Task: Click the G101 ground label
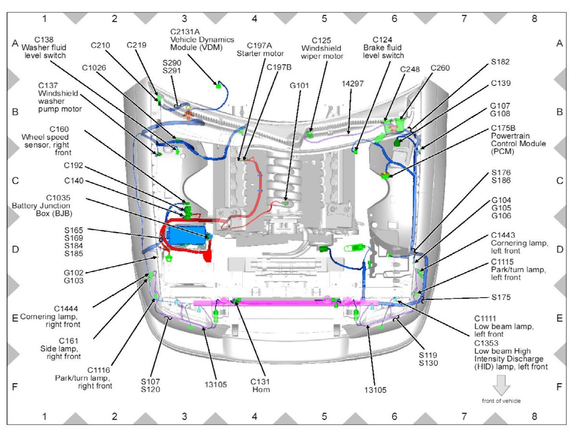coord(300,86)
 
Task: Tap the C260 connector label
coord(440,68)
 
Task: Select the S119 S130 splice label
coord(428,359)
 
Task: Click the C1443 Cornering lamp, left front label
coord(519,243)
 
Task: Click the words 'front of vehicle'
coord(501,400)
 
